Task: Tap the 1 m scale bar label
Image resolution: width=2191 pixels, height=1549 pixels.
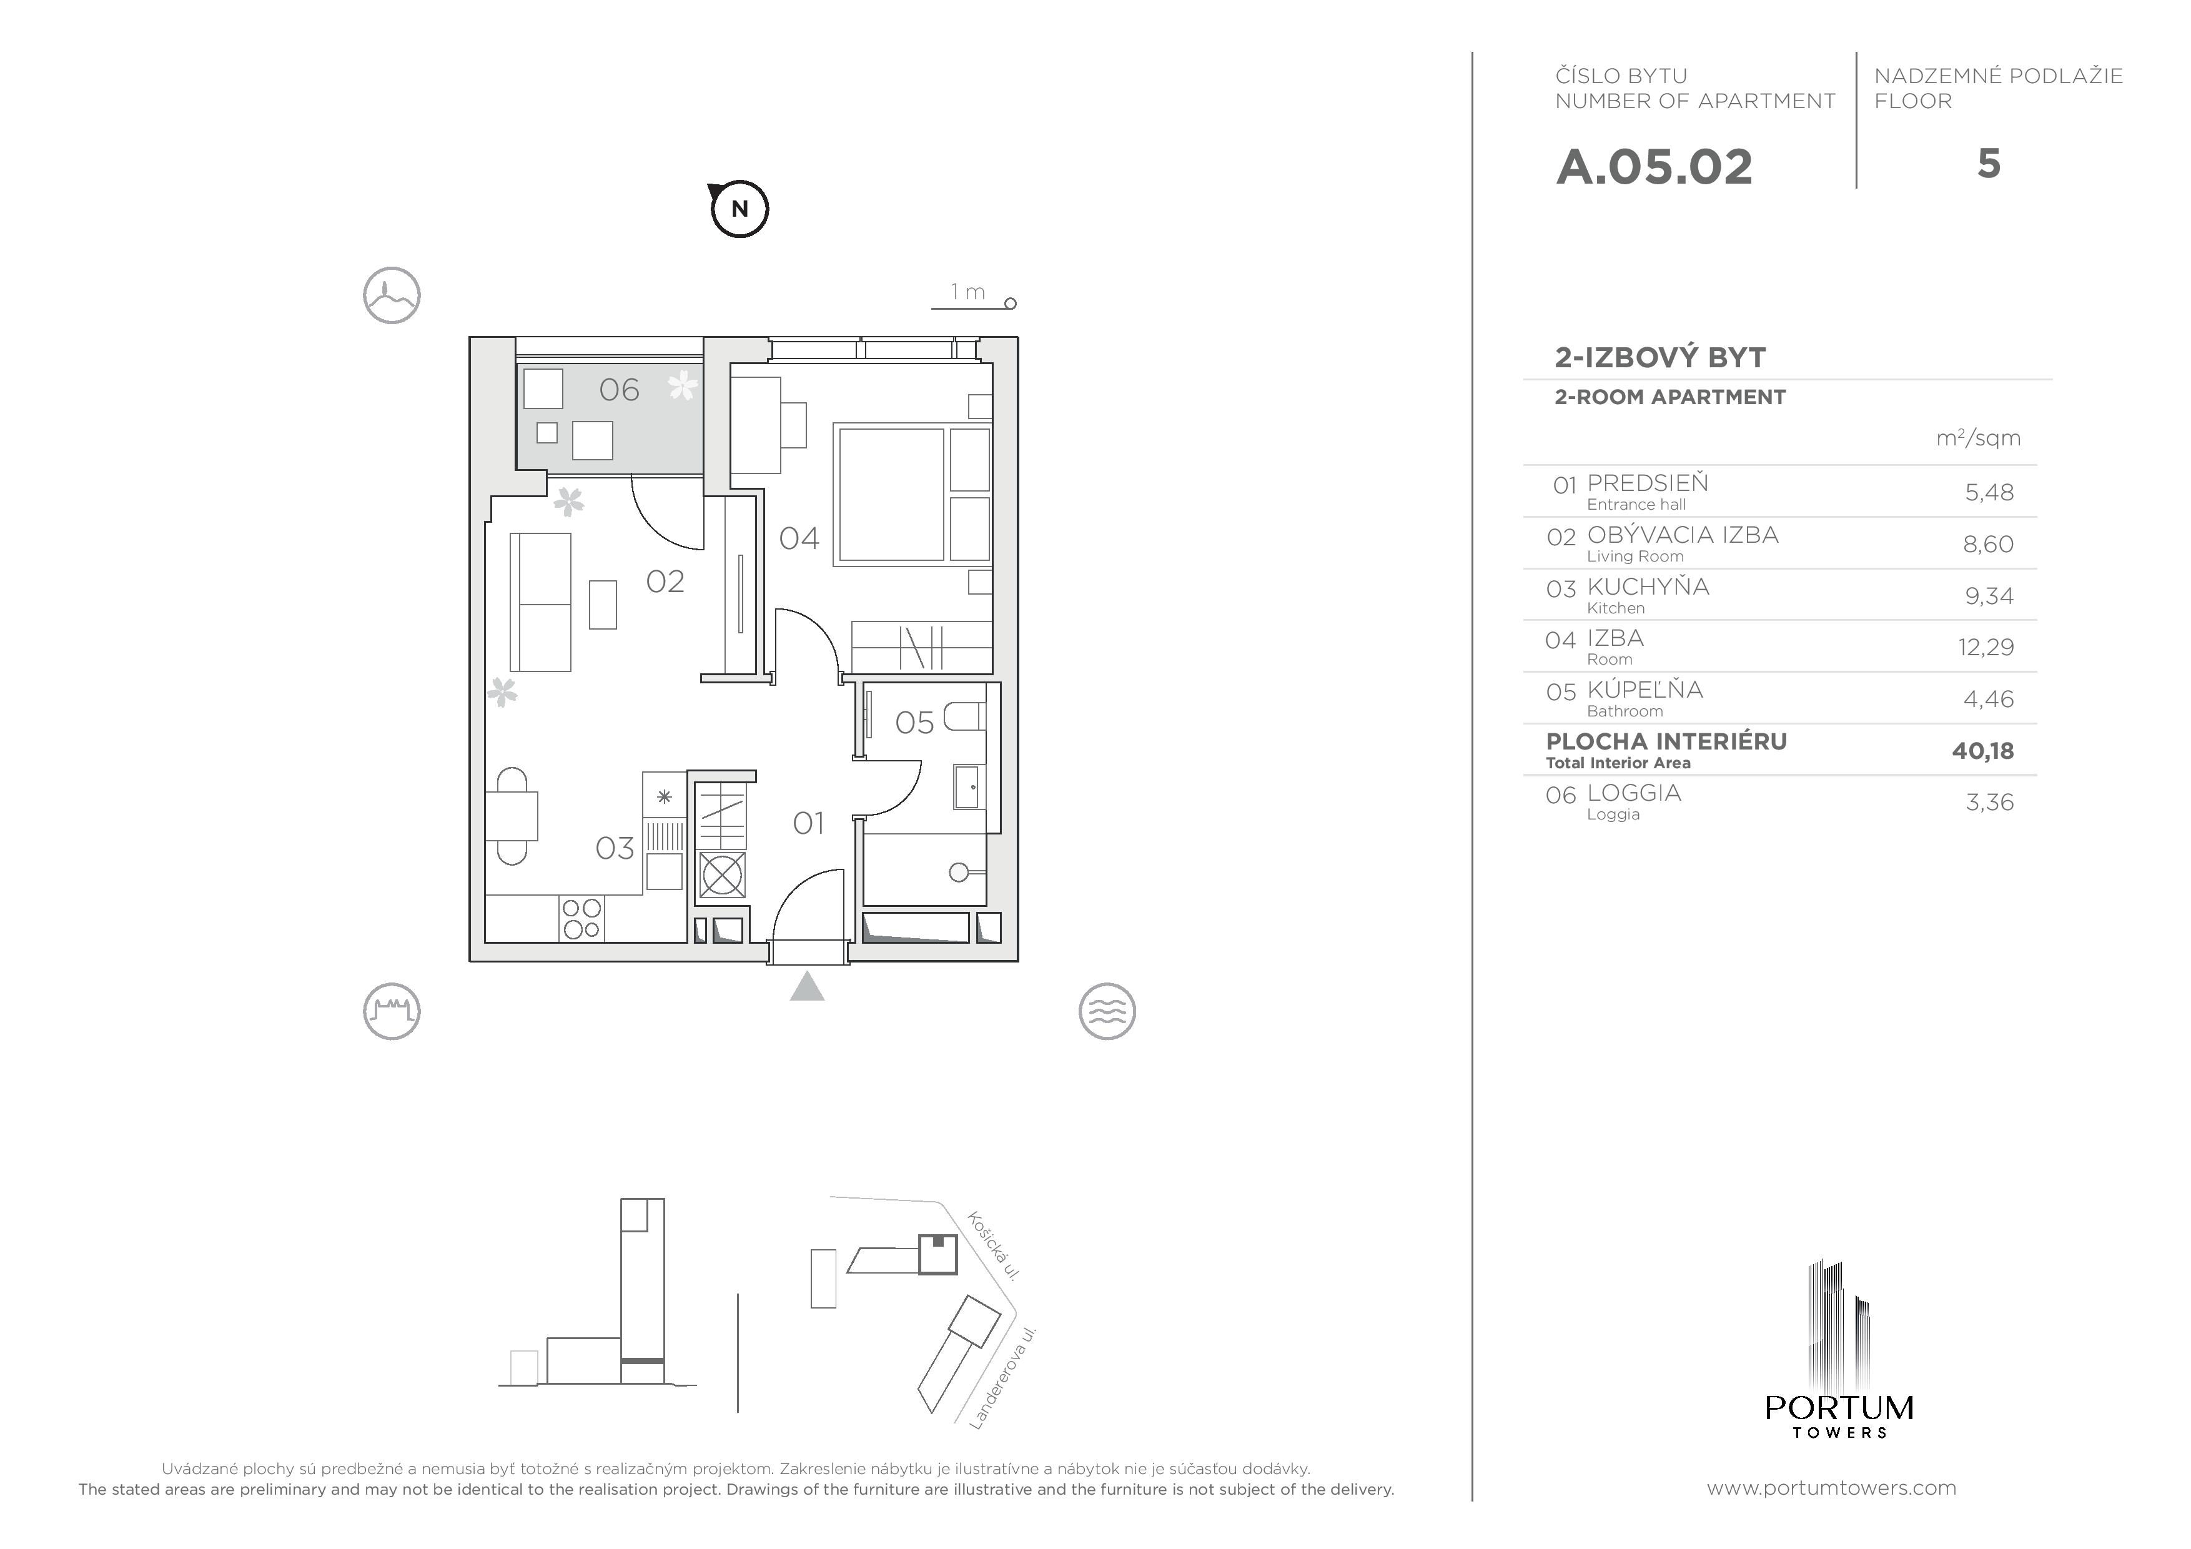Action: [967, 292]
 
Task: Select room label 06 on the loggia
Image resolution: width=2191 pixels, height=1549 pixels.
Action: [618, 389]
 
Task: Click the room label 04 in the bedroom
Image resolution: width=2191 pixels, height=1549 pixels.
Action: [799, 539]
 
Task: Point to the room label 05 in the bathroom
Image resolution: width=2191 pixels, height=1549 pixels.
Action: [914, 723]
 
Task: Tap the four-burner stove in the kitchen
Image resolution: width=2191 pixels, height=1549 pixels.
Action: [581, 918]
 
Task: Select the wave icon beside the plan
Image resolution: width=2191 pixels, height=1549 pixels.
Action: [1107, 1011]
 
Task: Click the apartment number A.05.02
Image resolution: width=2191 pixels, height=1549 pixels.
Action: [1654, 167]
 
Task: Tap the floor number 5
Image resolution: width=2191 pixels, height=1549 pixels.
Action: [1989, 164]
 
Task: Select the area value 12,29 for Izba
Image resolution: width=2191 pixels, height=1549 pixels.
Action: [1986, 647]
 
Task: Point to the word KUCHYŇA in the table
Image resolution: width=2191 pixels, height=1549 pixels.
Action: [1648, 586]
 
